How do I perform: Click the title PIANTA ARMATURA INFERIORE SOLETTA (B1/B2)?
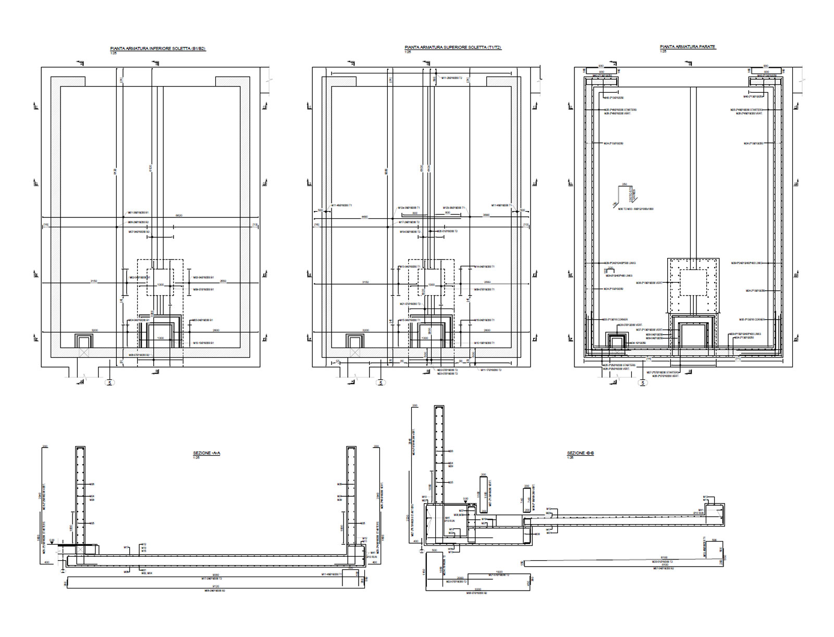pos(157,49)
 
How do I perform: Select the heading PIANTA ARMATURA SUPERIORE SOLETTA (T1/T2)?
pos(452,47)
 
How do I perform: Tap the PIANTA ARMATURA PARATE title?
pos(688,47)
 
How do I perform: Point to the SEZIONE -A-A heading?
pos(207,454)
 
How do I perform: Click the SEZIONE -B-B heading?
pos(581,454)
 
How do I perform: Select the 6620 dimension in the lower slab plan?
pos(178,215)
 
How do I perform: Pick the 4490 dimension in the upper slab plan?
pos(365,216)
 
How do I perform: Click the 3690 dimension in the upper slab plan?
pos(486,215)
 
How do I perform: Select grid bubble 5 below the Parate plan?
pos(643,383)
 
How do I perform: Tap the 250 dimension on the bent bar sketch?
pos(624,185)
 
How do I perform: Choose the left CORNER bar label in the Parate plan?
pos(615,320)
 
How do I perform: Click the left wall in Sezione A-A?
pos(80,500)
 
